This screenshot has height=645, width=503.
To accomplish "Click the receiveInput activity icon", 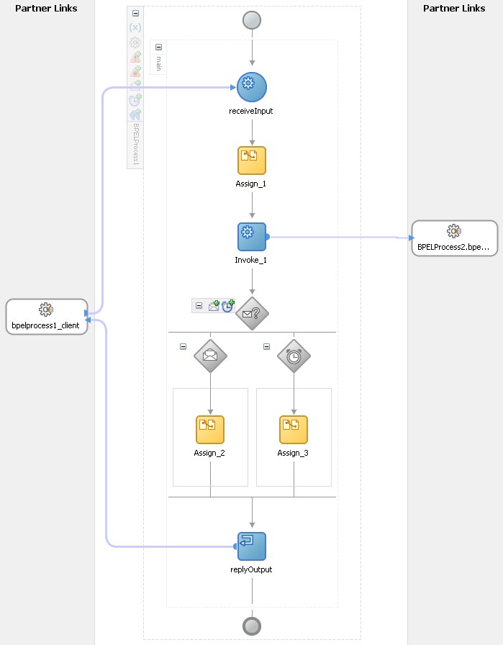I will [252, 86].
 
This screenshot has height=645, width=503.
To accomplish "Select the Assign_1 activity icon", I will [252, 161].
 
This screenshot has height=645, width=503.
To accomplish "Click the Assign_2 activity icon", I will [210, 430].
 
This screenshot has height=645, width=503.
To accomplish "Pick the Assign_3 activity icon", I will [294, 430].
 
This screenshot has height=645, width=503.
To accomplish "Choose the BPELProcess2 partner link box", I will [454, 238].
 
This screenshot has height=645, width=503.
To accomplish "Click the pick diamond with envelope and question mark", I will [252, 313].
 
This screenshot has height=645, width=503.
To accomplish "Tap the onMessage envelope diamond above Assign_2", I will [210, 356].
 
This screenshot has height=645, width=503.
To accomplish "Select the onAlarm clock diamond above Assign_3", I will [294, 356].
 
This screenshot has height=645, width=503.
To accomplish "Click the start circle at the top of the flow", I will [252, 19].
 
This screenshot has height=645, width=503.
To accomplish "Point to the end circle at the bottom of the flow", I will [252, 626].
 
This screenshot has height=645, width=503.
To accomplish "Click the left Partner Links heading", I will [46, 9].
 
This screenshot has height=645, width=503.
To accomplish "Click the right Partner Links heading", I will [454, 9].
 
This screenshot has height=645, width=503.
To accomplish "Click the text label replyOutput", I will [252, 569].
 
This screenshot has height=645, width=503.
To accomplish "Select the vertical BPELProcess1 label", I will [135, 144].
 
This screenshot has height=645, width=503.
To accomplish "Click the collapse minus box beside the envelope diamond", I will [183, 346].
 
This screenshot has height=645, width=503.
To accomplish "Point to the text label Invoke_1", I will [251, 259].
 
